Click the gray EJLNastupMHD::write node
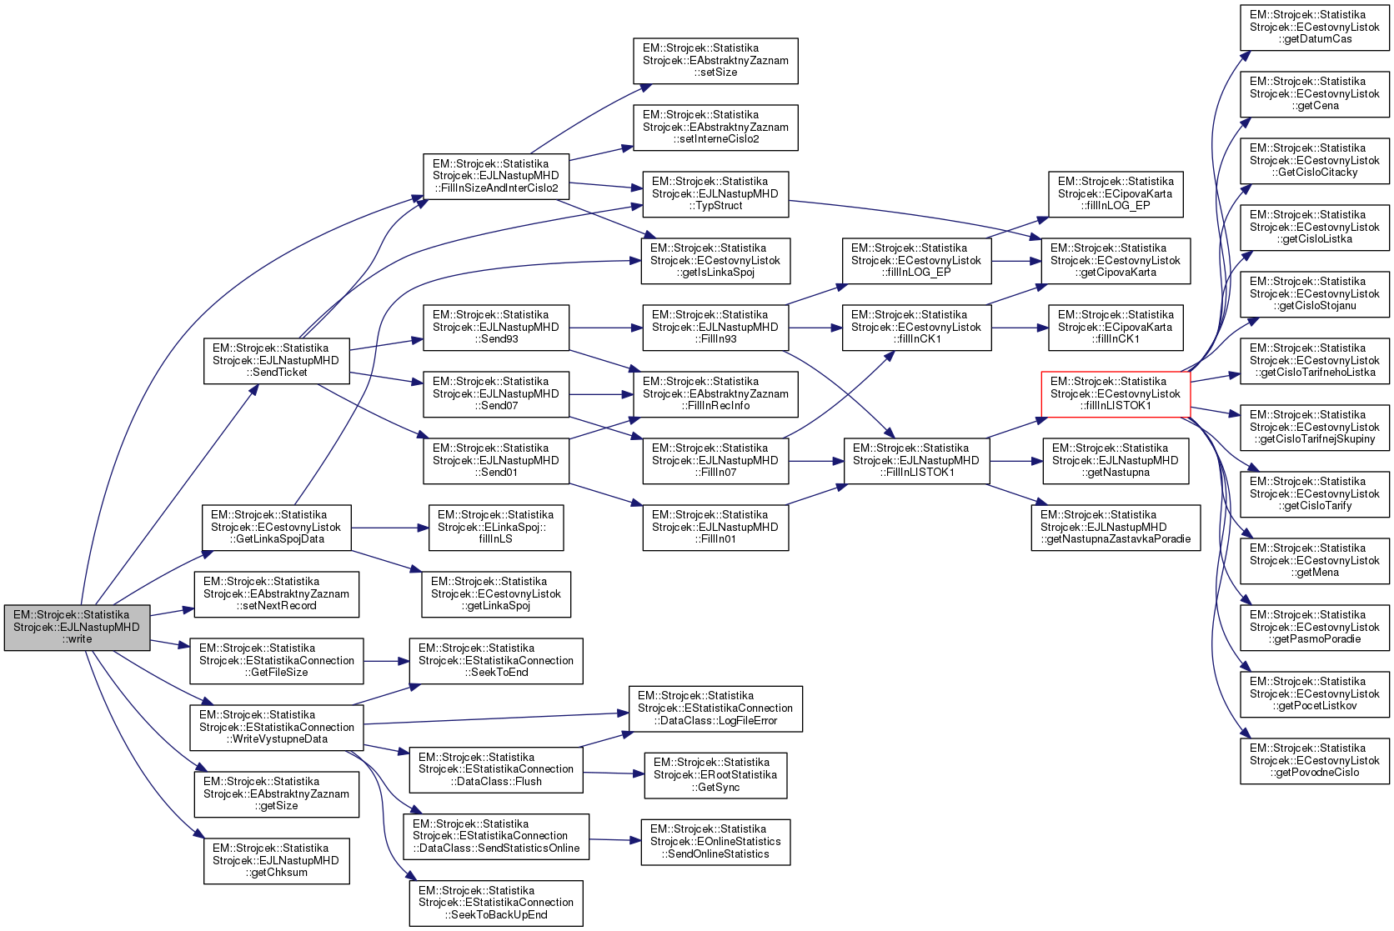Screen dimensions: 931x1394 point(77,628)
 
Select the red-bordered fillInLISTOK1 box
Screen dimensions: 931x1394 point(1116,394)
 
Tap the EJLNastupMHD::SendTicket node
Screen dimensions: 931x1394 point(276,361)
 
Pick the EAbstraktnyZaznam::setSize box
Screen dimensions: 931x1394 point(715,61)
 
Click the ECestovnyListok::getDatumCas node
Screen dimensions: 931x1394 point(1315,28)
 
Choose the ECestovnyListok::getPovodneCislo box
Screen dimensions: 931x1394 point(1315,761)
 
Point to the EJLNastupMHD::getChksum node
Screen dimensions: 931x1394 point(276,861)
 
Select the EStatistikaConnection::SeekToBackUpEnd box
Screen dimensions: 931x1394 point(496,903)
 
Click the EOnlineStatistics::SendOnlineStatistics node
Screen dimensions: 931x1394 point(715,842)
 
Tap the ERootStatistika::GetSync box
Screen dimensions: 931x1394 point(715,775)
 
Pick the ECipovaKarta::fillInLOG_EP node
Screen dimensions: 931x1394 point(1116,194)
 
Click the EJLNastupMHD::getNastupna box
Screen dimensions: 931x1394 point(1116,461)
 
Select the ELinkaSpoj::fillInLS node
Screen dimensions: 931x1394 point(496,528)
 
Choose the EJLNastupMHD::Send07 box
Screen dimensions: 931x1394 point(496,394)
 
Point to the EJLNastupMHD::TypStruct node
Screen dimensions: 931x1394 point(715,194)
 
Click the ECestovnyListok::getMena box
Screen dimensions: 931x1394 point(1315,561)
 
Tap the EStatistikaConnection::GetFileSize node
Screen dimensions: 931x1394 point(276,661)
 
